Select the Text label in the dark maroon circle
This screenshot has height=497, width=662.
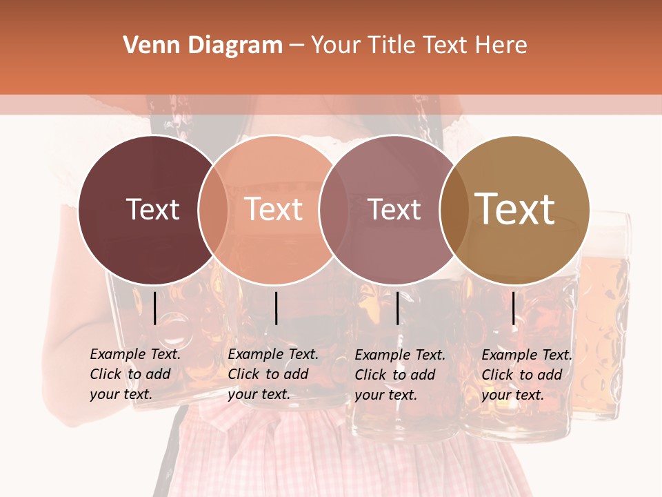[152, 209]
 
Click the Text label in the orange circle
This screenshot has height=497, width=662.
[274, 209]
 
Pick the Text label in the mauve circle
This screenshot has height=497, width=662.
[394, 209]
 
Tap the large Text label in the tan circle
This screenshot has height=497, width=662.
[515, 209]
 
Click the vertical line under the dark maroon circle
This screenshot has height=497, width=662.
[155, 308]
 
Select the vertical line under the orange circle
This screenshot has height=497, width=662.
[276, 308]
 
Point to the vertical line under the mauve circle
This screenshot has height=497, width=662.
[398, 308]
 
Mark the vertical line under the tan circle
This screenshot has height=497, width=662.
[514, 308]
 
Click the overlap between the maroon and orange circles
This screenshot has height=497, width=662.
[213, 209]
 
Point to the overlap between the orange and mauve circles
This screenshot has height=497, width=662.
[332, 209]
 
